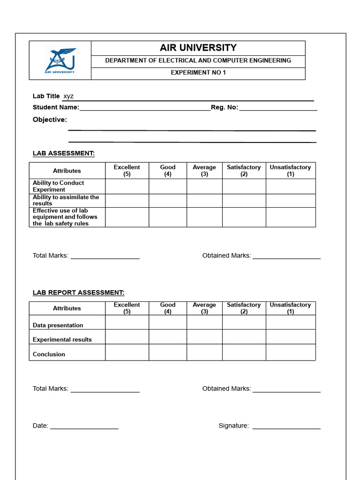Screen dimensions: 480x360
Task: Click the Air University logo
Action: pyautogui.click(x=60, y=60)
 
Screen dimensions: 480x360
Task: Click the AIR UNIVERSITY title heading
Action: pyautogui.click(x=198, y=48)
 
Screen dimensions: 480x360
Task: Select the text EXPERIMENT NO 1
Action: pyautogui.click(x=198, y=73)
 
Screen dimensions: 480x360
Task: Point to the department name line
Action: pyautogui.click(x=198, y=60)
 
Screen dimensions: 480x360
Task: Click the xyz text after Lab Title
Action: pyautogui.click(x=68, y=96)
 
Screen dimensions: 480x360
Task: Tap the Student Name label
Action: pyautogui.click(x=56, y=107)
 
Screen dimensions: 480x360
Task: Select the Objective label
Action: pyautogui.click(x=50, y=120)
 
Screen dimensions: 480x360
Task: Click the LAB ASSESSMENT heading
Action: pyautogui.click(x=64, y=153)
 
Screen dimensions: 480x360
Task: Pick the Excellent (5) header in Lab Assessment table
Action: pyautogui.click(x=127, y=171)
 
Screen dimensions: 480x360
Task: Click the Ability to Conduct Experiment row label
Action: pyautogui.click(x=58, y=186)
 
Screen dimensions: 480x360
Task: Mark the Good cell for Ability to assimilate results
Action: pyautogui.click(x=168, y=201)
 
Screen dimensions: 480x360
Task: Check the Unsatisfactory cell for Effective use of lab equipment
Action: pyautogui.click(x=291, y=217)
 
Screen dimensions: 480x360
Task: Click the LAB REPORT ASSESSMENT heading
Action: pyautogui.click(x=78, y=292)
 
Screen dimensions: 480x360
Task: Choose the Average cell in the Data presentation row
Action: pyautogui.click(x=204, y=322)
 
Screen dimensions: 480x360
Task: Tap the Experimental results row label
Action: pyautogui.click(x=62, y=339)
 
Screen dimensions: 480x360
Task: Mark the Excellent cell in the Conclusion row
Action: pyautogui.click(x=127, y=352)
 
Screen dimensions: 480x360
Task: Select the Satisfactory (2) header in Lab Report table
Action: pyautogui.click(x=244, y=308)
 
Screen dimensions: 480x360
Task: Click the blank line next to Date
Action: pyautogui.click(x=84, y=426)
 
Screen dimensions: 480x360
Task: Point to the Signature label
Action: pyautogui.click(x=233, y=426)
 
